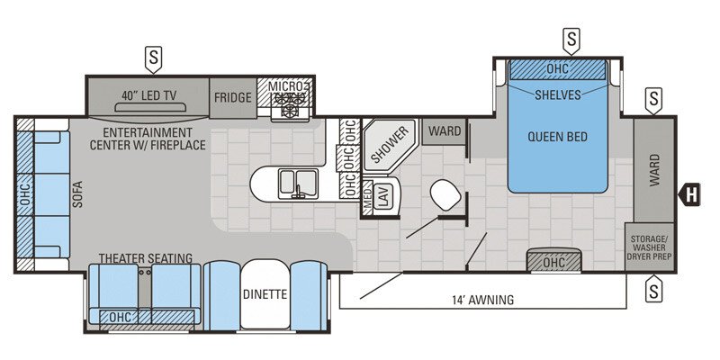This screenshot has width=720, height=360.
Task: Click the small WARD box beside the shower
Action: click(443, 131)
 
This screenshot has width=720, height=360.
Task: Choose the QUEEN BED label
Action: click(557, 138)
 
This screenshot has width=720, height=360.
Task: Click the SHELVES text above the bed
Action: click(559, 94)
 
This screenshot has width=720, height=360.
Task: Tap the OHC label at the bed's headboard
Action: click(558, 69)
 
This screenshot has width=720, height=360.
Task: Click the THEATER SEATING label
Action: click(141, 256)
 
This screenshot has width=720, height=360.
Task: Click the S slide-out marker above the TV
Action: click(154, 58)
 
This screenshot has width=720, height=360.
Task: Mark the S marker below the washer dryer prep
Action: click(653, 290)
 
